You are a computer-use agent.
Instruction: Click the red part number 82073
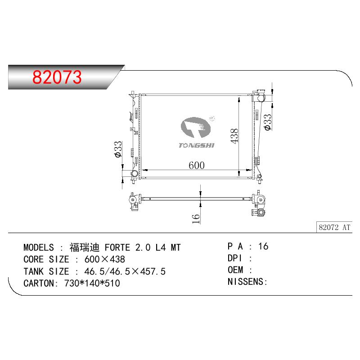tap(57, 77)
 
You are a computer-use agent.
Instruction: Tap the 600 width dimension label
tap(197, 165)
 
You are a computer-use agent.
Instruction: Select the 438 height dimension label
tap(234, 136)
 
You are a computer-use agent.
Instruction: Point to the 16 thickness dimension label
tap(196, 219)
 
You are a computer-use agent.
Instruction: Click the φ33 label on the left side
tap(118, 149)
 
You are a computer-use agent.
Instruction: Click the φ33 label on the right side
tap(268, 122)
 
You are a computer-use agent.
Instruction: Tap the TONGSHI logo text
tap(196, 145)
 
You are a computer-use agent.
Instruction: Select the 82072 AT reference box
tap(334, 227)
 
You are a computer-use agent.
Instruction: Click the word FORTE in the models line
tap(117, 247)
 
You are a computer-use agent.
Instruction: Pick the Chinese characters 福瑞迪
tap(85, 247)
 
